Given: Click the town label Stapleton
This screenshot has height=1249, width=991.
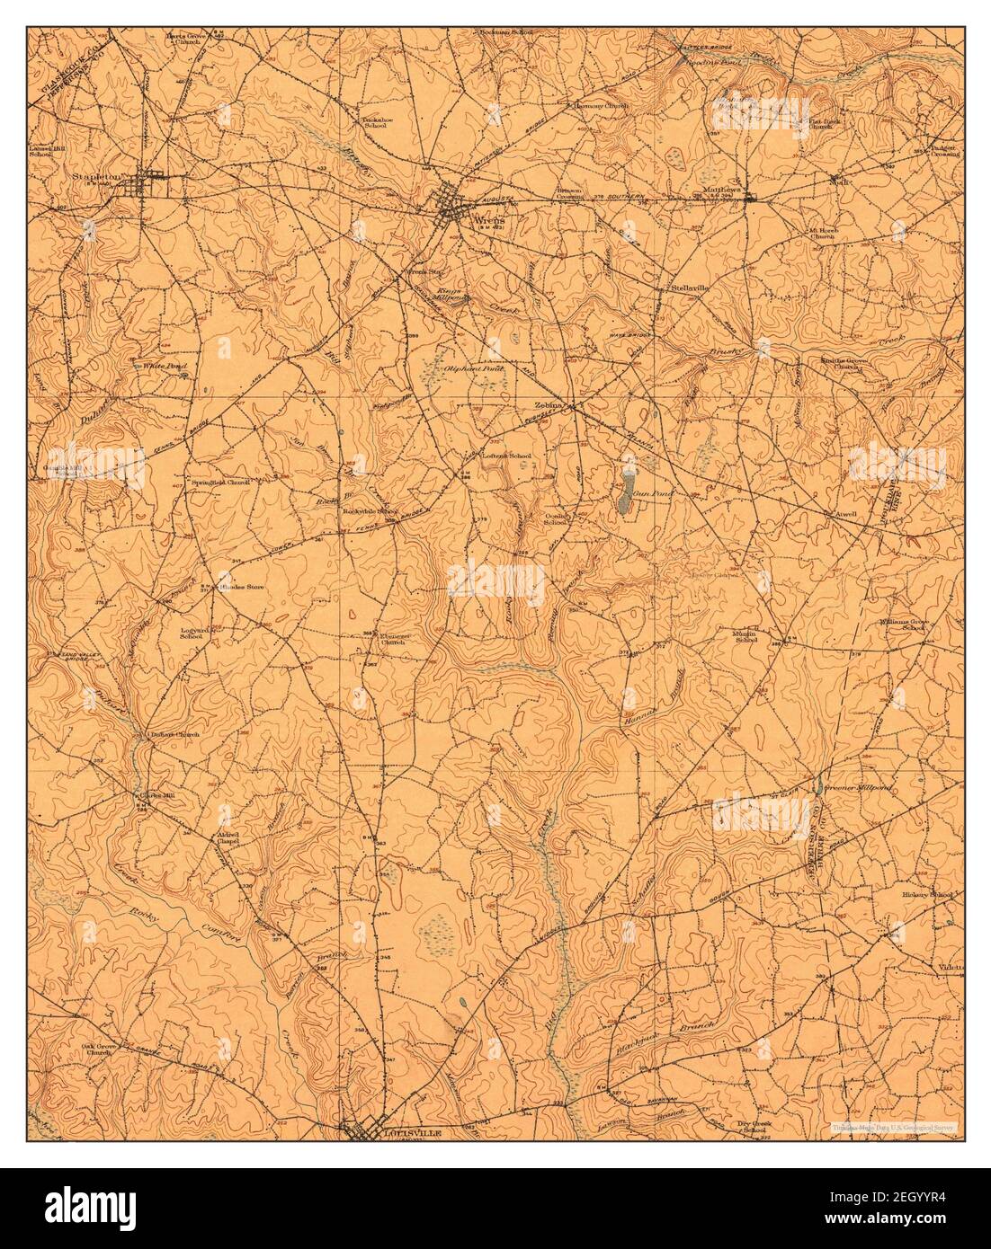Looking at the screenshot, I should (96, 178).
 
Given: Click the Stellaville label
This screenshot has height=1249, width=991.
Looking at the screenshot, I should (690, 289).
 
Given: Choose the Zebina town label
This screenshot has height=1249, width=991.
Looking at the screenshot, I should (549, 406).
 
